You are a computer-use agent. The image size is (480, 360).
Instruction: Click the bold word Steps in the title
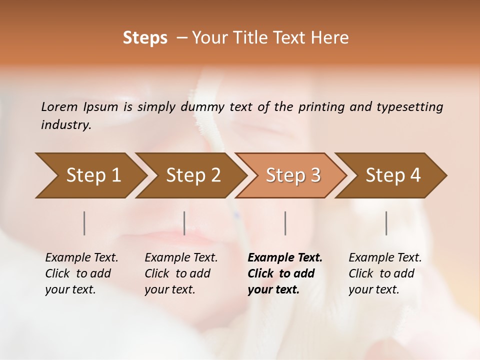click(145, 37)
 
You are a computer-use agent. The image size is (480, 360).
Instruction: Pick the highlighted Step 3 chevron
click(293, 175)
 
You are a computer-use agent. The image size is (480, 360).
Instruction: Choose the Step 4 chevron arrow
click(393, 175)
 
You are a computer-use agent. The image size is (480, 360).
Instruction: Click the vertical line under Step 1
click(84, 223)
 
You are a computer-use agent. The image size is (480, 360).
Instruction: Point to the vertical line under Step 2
click(184, 223)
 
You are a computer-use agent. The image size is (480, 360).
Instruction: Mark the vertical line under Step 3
click(285, 223)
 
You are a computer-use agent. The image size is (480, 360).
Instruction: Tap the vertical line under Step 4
click(386, 223)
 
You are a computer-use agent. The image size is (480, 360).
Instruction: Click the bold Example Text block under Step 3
click(285, 273)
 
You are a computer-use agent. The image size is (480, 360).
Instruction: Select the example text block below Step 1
click(81, 273)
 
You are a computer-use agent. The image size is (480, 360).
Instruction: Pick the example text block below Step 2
click(181, 273)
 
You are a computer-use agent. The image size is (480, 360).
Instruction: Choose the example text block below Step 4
click(385, 273)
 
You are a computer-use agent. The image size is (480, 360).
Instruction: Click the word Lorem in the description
click(59, 106)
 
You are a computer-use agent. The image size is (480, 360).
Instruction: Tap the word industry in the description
click(65, 124)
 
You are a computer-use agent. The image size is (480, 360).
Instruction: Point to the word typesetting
click(409, 106)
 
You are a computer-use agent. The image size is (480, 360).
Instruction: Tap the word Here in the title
click(330, 37)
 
